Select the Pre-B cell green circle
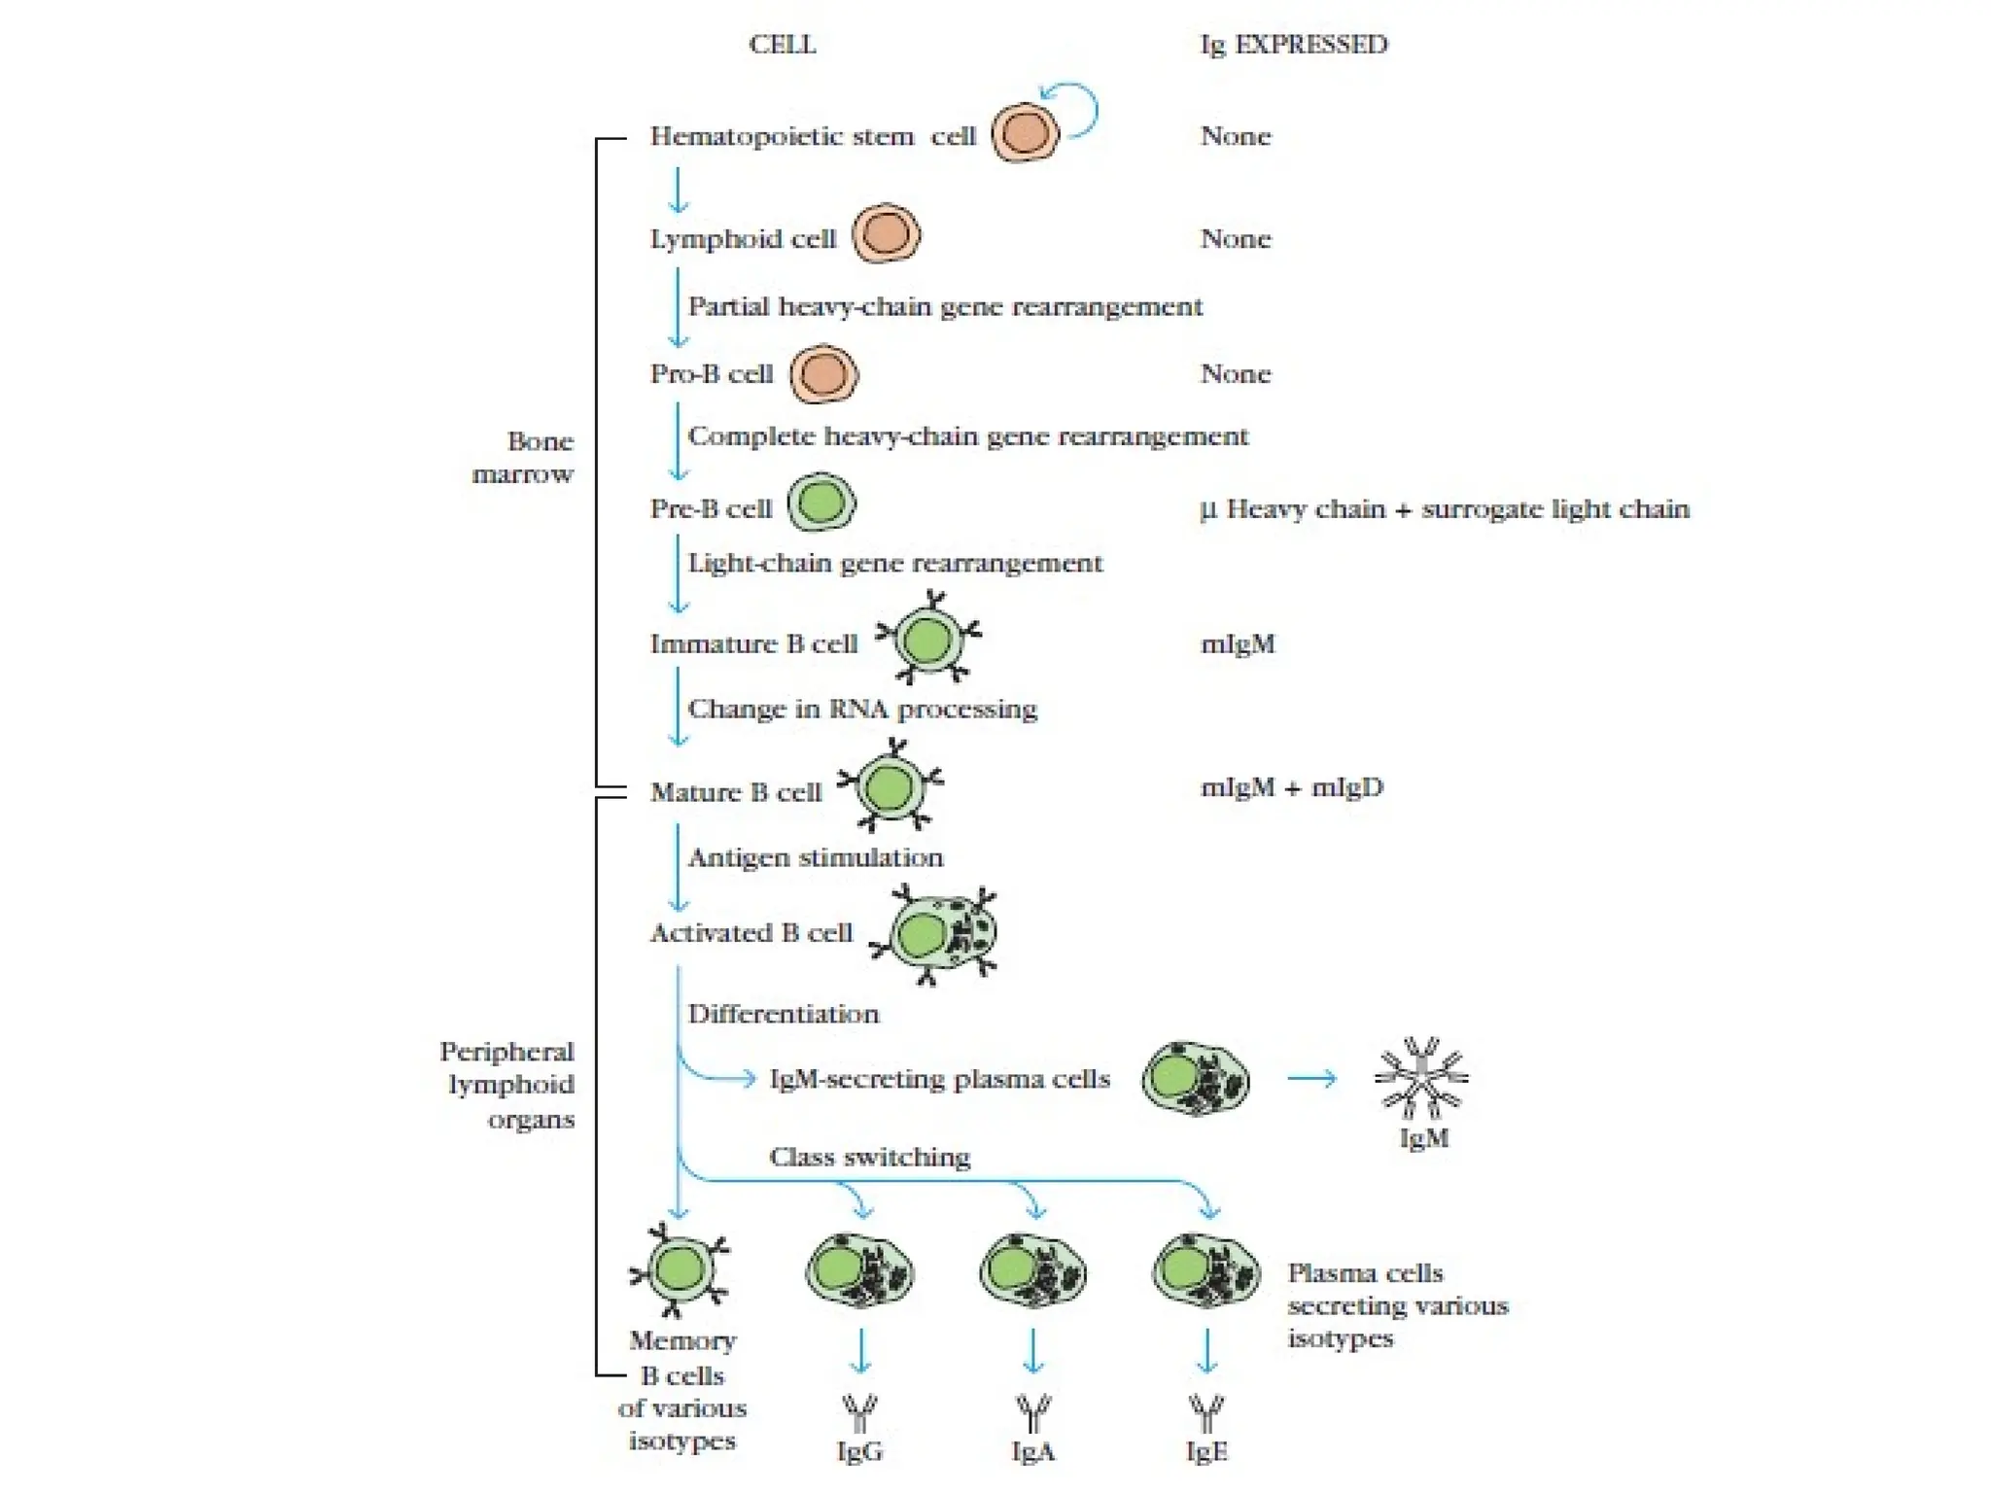(x=821, y=503)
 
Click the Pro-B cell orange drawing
(x=823, y=374)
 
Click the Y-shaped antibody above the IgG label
(x=859, y=1411)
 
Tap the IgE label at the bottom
(x=1206, y=1451)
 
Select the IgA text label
(x=1032, y=1451)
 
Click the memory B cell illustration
(x=680, y=1268)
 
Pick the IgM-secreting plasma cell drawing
(x=1195, y=1079)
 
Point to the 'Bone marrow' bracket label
(x=525, y=457)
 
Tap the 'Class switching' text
(x=869, y=1157)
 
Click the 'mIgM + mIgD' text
(x=1291, y=787)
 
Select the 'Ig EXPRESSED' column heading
(x=1294, y=45)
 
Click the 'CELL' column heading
(x=782, y=45)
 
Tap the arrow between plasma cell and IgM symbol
(x=1312, y=1078)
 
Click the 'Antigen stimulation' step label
(x=815, y=857)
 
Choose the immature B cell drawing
(x=927, y=640)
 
